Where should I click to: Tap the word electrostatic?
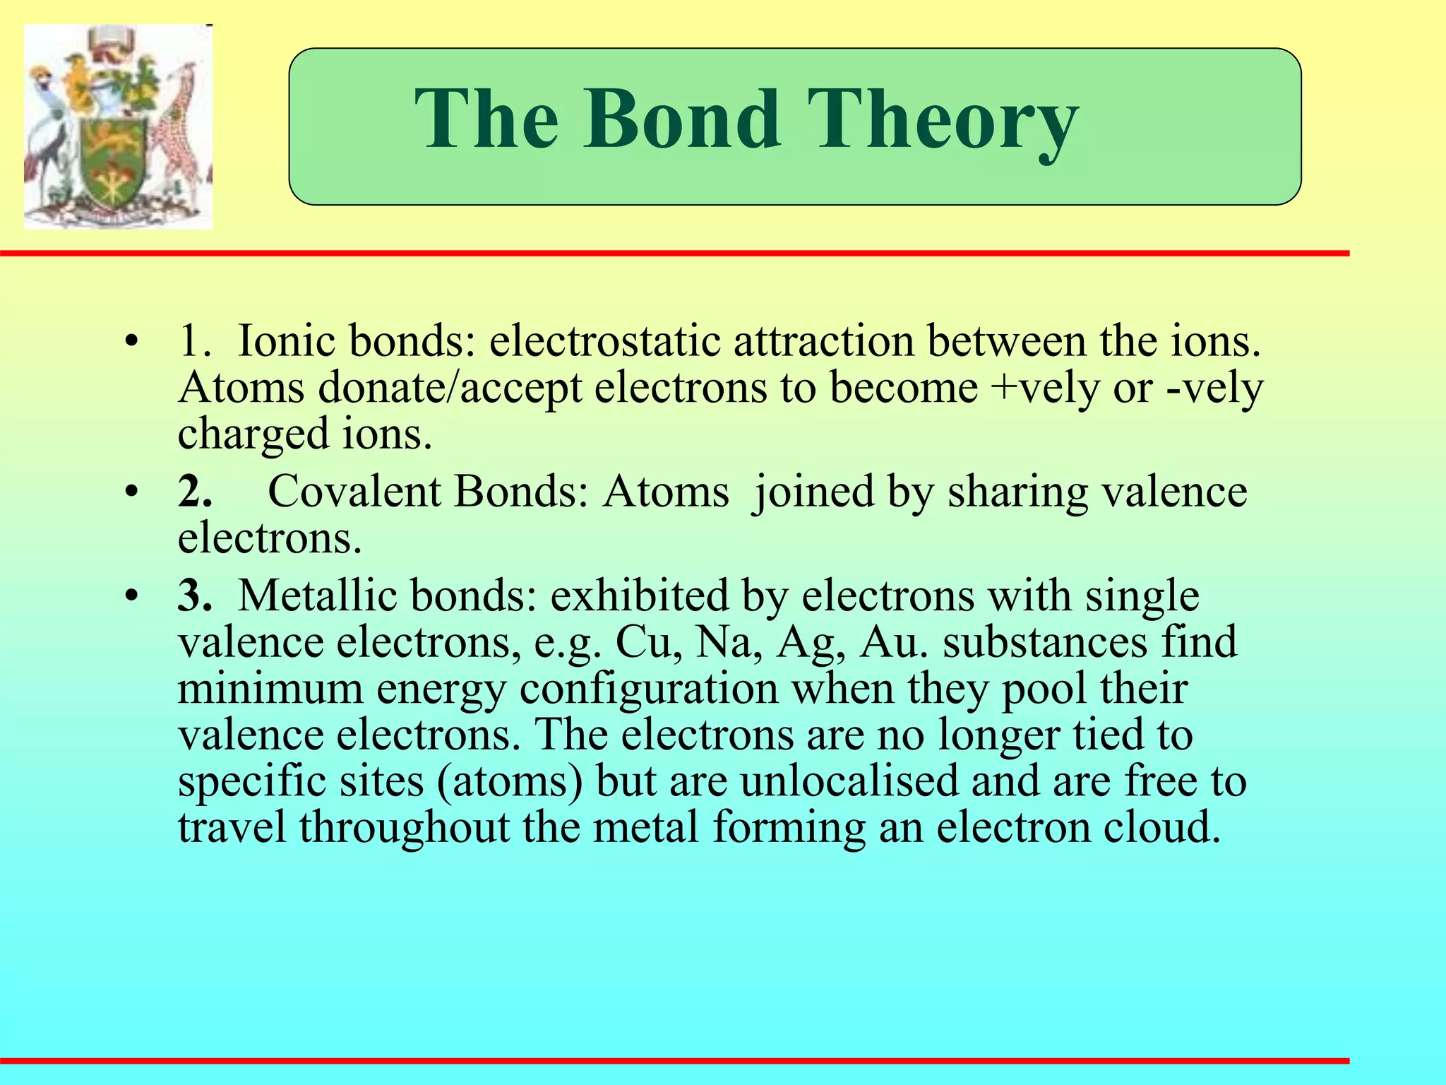click(x=605, y=341)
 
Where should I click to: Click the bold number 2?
click(x=194, y=492)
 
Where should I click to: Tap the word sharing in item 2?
click(x=1017, y=492)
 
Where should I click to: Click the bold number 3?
click(x=194, y=595)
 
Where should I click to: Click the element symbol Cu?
click(x=648, y=642)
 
